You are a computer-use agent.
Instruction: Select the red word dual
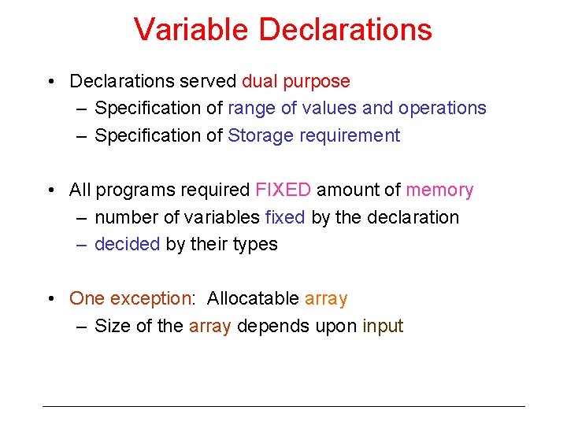[x=260, y=81]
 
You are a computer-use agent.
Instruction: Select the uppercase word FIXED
[x=283, y=190]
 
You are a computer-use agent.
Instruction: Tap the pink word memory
[x=439, y=190]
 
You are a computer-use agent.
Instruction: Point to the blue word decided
[x=127, y=245]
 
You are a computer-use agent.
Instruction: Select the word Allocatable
[x=253, y=299]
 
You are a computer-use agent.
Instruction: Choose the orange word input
[x=383, y=327]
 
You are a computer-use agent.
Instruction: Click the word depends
[x=270, y=327]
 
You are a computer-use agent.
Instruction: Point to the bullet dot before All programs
[x=50, y=190]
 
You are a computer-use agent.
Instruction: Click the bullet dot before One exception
[x=50, y=299]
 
